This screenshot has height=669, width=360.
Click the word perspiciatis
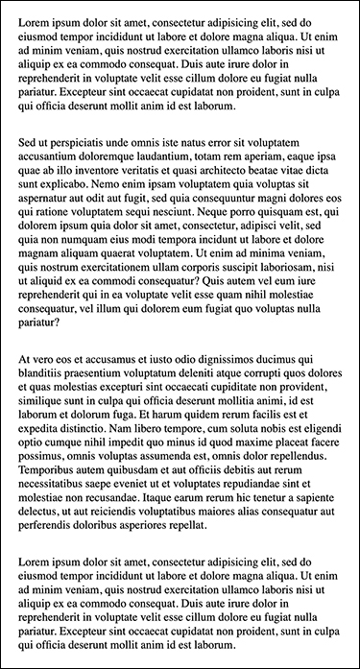[x=78, y=142]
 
